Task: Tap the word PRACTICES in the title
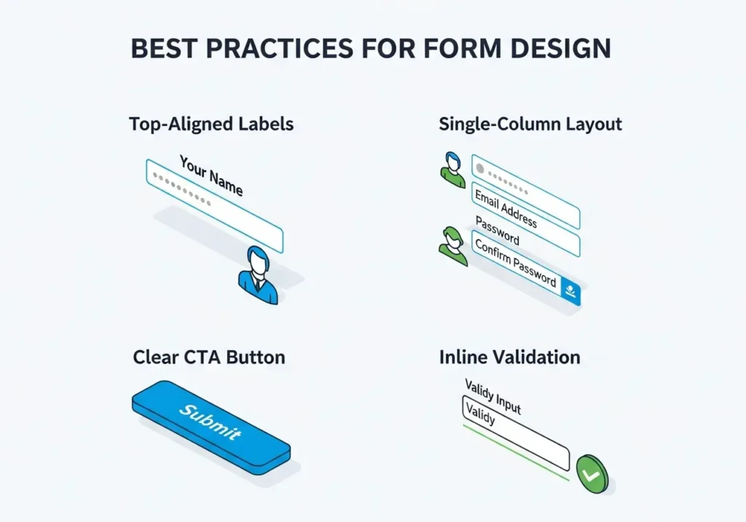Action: [279, 49]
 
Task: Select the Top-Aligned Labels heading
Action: [211, 124]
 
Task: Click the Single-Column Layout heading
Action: [530, 124]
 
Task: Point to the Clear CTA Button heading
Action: [209, 357]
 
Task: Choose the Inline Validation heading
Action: [509, 357]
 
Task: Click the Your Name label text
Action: [211, 175]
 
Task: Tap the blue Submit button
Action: [211, 427]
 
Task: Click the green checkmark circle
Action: [592, 474]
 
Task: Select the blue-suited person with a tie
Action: [258, 275]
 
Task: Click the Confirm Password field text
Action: [516, 263]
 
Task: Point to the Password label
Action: [497, 230]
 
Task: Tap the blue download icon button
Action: [571, 290]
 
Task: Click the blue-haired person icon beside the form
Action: [453, 170]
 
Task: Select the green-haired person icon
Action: [453, 246]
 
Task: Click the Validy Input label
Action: [493, 397]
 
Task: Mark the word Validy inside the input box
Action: [481, 414]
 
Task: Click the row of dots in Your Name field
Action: [181, 189]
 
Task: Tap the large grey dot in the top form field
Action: [480, 169]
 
